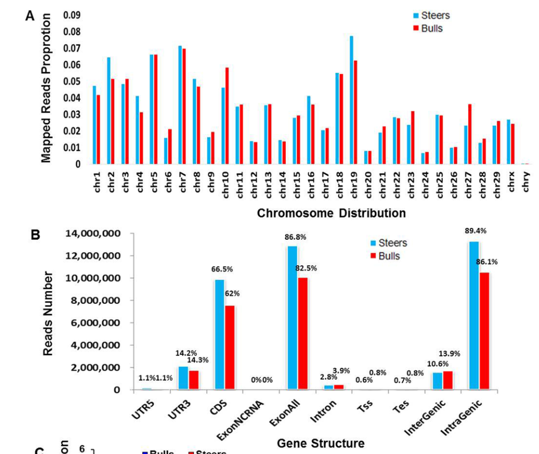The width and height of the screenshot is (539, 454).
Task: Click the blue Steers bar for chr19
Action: pyautogui.click(x=351, y=100)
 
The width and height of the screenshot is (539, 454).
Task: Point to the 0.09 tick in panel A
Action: pyautogui.click(x=71, y=15)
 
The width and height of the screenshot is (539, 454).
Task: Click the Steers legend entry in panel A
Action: pyautogui.click(x=431, y=15)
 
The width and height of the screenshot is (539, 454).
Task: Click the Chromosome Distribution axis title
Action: pyautogui.click(x=331, y=214)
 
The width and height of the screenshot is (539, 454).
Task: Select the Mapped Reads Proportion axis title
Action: pyautogui.click(x=46, y=88)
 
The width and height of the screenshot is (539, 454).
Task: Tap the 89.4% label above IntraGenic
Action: pyautogui.click(x=476, y=231)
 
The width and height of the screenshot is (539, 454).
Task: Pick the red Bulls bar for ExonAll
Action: pyautogui.click(x=303, y=334)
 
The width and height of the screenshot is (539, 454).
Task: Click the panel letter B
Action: pyautogui.click(x=36, y=235)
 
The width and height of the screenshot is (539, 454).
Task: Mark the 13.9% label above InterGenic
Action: pyautogui.click(x=450, y=354)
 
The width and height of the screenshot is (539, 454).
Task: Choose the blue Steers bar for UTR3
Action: pyautogui.click(x=183, y=378)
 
